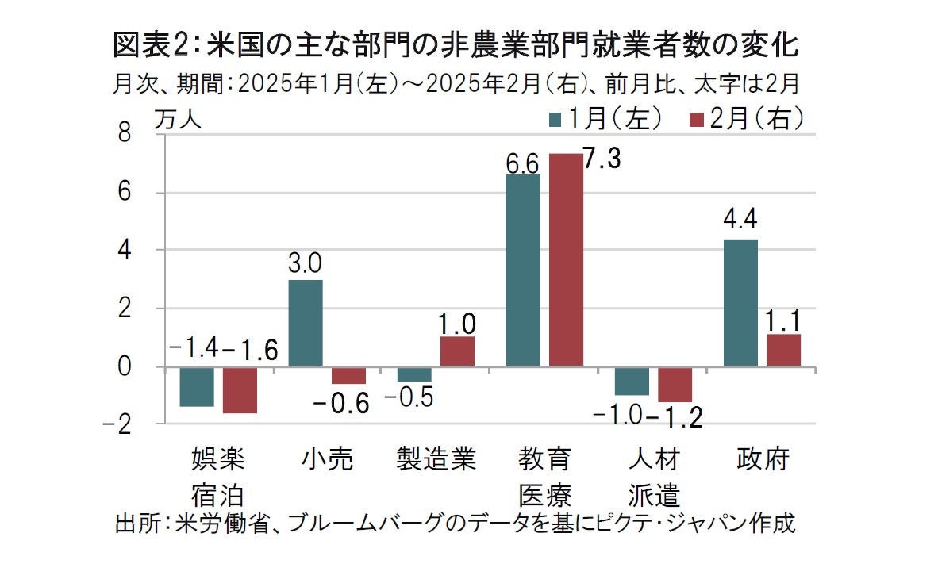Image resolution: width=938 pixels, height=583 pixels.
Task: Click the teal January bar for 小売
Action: (306, 323)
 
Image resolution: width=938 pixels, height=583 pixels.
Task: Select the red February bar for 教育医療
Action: (565, 259)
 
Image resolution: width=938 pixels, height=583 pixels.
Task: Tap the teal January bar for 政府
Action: (740, 302)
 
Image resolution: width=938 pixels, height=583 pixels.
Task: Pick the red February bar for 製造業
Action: (457, 351)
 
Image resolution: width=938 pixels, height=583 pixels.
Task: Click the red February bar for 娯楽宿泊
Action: (240, 389)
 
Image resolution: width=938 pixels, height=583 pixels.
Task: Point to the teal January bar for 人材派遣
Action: (632, 381)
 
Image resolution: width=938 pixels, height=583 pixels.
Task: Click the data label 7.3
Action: (602, 159)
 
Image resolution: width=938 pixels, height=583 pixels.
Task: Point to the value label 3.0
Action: (306, 262)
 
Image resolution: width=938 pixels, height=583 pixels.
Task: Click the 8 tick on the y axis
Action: (124, 135)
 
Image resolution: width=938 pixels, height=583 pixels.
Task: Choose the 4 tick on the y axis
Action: (124, 251)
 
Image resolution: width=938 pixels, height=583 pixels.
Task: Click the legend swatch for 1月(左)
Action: (556, 120)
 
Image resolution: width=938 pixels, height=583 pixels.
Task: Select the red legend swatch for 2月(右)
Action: (697, 120)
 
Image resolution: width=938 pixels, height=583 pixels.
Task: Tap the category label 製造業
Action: (436, 459)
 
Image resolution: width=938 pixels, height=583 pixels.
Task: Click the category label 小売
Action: (327, 459)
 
